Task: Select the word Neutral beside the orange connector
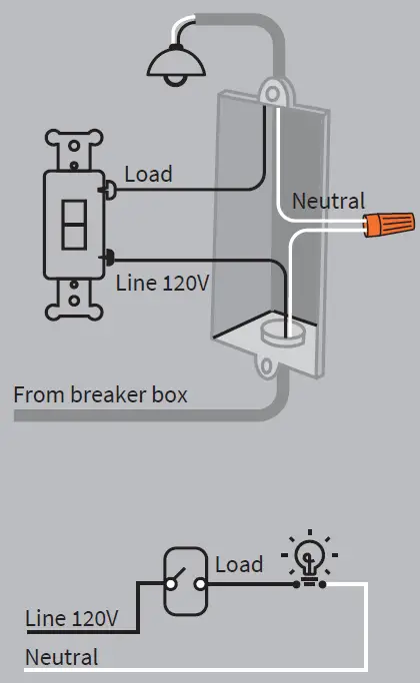[328, 202]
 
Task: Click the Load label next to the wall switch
[148, 174]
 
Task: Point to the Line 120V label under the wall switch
[163, 283]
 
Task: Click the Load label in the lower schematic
[239, 564]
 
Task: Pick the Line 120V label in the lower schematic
[72, 619]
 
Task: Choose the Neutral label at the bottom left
[62, 657]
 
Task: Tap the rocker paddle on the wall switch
[75, 226]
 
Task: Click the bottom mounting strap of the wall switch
[74, 300]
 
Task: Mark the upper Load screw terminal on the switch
[105, 185]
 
